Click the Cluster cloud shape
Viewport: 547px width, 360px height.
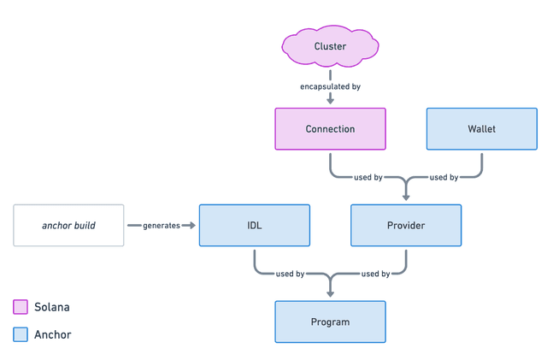coord(330,46)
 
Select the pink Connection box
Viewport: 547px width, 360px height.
coord(330,129)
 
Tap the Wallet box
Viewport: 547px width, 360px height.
coord(481,129)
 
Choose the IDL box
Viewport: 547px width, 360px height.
coord(254,225)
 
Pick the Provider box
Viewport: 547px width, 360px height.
coord(406,225)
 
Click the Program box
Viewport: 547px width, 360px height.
coord(330,322)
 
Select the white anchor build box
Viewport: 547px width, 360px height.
coord(68,225)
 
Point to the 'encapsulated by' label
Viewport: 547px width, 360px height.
coord(330,86)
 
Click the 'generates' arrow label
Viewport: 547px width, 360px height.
coord(162,225)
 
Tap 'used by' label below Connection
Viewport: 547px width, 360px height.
coord(368,178)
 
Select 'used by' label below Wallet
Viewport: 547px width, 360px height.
coord(444,178)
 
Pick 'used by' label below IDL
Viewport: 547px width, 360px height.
coord(291,274)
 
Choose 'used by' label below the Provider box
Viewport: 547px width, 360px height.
coord(375,274)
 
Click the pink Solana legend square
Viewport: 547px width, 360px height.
coord(21,307)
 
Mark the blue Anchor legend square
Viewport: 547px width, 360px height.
coord(21,335)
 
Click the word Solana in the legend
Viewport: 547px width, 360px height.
coord(52,307)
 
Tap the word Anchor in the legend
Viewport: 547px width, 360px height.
coord(53,335)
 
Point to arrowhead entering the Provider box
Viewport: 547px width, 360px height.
coord(406,197)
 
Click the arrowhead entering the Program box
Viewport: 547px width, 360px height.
coord(330,293)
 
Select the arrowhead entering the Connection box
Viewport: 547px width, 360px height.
coord(330,101)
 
